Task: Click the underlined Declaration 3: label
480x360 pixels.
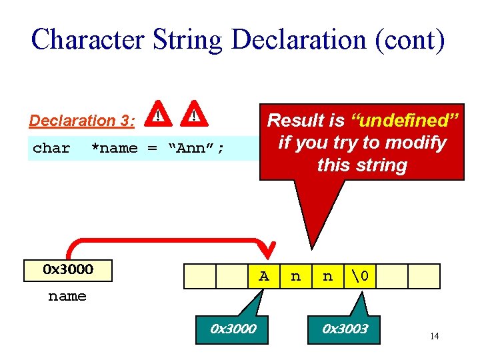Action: click(x=82, y=121)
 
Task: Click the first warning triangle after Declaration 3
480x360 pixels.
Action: click(x=157, y=115)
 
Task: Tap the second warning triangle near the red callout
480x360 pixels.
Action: click(x=194, y=115)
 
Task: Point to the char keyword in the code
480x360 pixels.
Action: click(x=51, y=148)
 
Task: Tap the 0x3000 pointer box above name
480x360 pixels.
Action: click(x=67, y=270)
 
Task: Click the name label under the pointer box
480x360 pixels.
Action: click(x=67, y=296)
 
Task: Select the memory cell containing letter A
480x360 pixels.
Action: click(x=264, y=276)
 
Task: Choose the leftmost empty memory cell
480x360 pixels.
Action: click(x=199, y=276)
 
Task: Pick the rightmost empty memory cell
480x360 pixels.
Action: click(x=423, y=276)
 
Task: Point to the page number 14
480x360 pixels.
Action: click(x=434, y=336)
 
